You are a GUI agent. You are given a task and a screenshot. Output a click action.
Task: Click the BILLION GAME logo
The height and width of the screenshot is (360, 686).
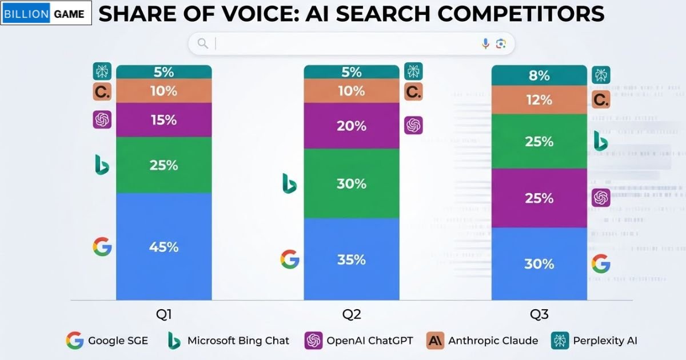pyautogui.click(x=46, y=14)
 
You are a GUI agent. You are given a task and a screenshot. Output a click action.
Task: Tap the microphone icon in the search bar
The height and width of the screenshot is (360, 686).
pyautogui.click(x=485, y=43)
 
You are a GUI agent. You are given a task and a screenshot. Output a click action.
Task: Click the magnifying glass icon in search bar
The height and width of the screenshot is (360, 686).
pyautogui.click(x=202, y=43)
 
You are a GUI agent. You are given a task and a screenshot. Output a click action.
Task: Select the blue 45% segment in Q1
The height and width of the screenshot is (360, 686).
pyautogui.click(x=164, y=246)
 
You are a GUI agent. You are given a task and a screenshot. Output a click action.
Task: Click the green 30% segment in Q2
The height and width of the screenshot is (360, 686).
pyautogui.click(x=352, y=183)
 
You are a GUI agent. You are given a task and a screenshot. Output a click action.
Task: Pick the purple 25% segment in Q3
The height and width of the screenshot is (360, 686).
pyautogui.click(x=539, y=198)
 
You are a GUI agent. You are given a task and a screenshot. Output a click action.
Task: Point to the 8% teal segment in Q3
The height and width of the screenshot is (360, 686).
pyautogui.click(x=539, y=75)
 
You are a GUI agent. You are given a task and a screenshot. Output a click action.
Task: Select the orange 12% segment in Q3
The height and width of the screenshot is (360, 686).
pyautogui.click(x=539, y=100)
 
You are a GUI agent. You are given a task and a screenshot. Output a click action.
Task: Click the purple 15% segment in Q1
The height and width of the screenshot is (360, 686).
pyautogui.click(x=164, y=120)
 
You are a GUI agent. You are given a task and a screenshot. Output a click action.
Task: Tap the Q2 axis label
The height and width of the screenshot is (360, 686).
pyautogui.click(x=352, y=314)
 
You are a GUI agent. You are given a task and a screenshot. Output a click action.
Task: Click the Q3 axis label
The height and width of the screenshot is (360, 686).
pyautogui.click(x=539, y=314)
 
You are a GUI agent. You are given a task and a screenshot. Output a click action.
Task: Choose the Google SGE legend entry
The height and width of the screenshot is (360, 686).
pyautogui.click(x=107, y=341)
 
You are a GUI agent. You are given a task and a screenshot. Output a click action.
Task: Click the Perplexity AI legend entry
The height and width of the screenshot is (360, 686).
pyautogui.click(x=594, y=341)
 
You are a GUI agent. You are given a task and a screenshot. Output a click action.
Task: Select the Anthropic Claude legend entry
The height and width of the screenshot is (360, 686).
pyautogui.click(x=482, y=341)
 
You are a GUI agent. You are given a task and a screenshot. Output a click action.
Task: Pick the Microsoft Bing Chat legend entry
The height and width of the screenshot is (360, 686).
pyautogui.click(x=228, y=341)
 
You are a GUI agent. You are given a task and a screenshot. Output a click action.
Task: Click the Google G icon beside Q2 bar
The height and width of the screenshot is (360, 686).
pyautogui.click(x=290, y=259)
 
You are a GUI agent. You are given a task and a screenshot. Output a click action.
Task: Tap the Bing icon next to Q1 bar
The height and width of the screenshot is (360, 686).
pyautogui.click(x=102, y=165)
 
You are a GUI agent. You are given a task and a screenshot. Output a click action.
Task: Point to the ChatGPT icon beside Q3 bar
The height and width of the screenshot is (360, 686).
pyautogui.click(x=601, y=198)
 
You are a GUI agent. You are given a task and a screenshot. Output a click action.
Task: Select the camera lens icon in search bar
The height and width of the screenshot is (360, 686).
pyautogui.click(x=501, y=43)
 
